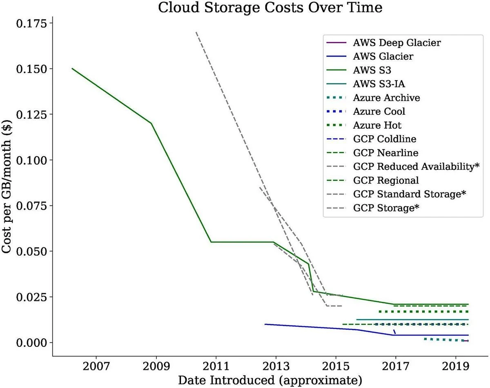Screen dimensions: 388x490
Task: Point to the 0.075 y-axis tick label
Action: (31, 205)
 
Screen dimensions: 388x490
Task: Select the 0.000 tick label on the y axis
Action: (31, 342)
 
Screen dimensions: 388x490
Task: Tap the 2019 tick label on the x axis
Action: (455, 366)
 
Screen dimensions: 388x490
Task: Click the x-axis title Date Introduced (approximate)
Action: (270, 380)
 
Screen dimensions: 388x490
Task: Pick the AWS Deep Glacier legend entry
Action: (397, 42)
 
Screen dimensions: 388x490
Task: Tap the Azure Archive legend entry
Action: (386, 98)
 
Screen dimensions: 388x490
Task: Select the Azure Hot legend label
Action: (377, 125)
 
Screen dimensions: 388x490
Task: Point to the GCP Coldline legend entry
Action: (385, 139)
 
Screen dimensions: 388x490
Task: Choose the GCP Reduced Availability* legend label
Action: (416, 167)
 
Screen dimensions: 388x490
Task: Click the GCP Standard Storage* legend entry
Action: (410, 194)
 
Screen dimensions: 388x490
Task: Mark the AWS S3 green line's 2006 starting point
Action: (72, 69)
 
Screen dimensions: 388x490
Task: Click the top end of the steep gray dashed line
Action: (196, 32)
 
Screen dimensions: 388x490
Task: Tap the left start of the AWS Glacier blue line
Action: (265, 324)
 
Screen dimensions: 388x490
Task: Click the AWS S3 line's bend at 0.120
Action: (151, 123)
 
